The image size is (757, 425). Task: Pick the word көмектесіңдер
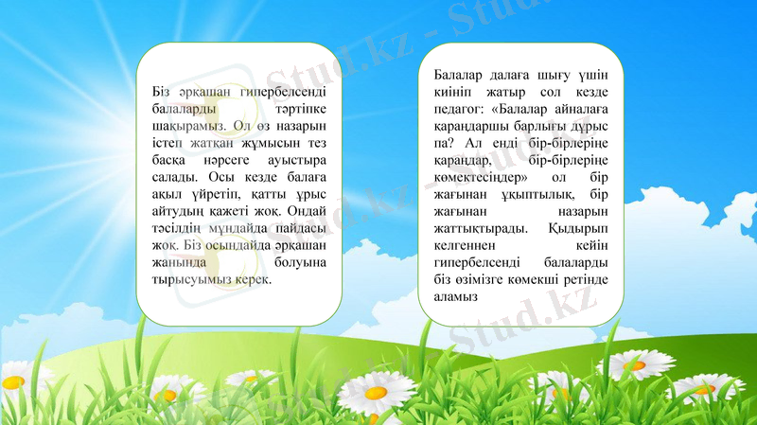tap(475, 177)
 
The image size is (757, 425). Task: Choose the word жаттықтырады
tap(477, 228)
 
